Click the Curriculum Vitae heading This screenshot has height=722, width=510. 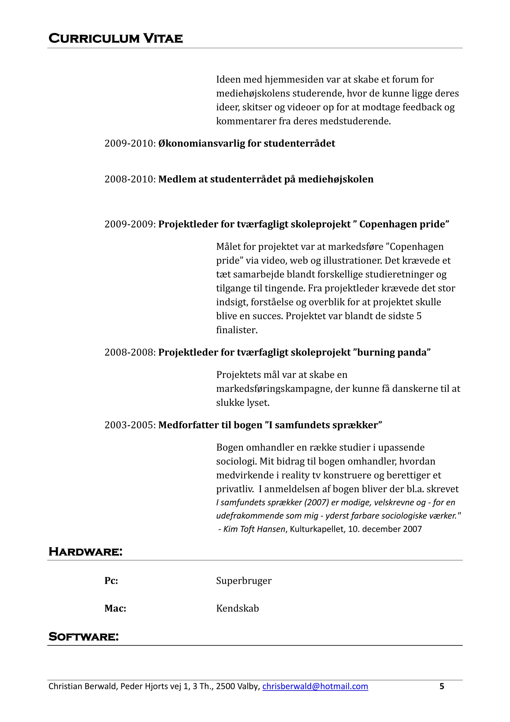[115, 38]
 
